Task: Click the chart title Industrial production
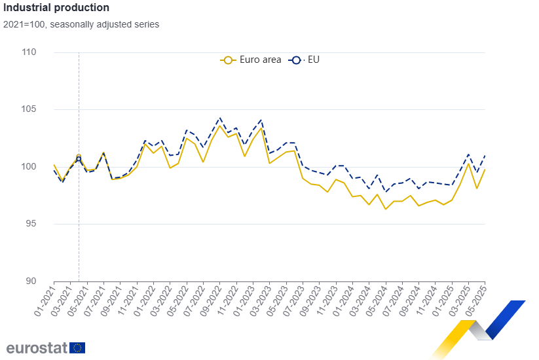56,8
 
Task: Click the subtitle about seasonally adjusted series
81,24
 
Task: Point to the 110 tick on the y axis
46,52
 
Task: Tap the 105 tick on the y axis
46,109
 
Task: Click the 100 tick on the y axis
46,167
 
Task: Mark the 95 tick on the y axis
48,224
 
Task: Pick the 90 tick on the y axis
48,281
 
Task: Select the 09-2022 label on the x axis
212,297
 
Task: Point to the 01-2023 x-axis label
245,297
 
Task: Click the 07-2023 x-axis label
295,297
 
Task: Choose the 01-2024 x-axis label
344,297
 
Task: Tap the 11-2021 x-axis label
129,297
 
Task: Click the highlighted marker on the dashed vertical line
79,157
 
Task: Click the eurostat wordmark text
35,348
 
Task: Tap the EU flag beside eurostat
77,348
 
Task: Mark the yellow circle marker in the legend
228,60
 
